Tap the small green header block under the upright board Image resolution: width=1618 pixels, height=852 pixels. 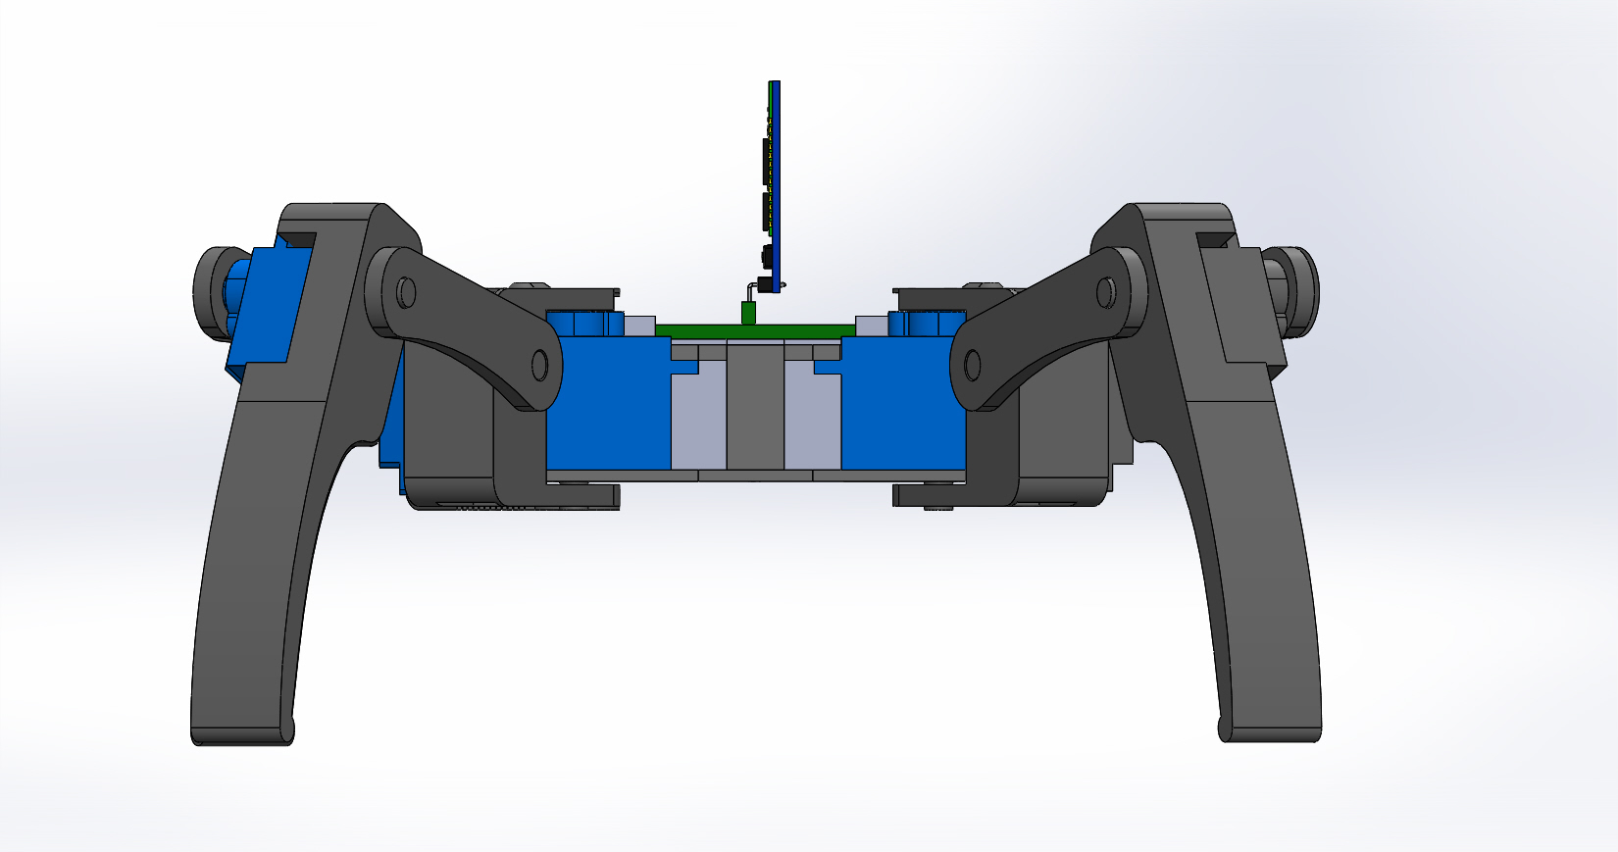tap(748, 314)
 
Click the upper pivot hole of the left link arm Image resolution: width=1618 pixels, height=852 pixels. tap(406, 291)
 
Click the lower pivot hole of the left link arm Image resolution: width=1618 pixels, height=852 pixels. tap(538, 365)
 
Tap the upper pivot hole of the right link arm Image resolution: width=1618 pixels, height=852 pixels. tap(1105, 291)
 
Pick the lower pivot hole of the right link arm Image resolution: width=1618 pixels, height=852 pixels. tap(973, 366)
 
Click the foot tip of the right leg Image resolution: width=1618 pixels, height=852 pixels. tap(1271, 729)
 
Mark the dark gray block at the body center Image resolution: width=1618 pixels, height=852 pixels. tap(755, 412)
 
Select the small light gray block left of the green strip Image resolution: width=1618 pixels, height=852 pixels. tap(639, 326)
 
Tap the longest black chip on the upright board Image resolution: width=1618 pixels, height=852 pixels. tap(765, 162)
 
